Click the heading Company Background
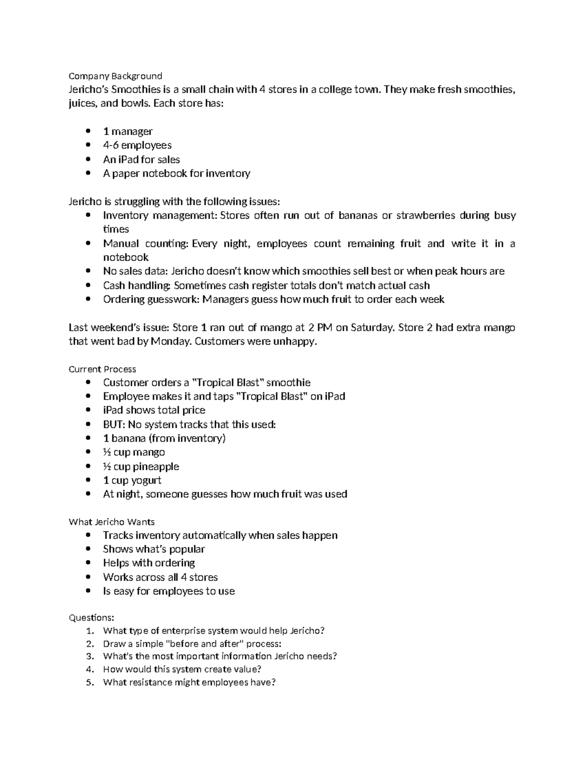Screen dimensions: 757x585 [x=115, y=76]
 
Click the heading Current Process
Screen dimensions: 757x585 [x=102, y=369]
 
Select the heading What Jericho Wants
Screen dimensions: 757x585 [x=112, y=522]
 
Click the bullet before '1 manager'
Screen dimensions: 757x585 [x=88, y=131]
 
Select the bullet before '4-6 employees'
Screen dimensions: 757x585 [x=88, y=145]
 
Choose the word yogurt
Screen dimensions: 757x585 [x=146, y=480]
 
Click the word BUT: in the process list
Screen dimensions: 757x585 [x=114, y=425]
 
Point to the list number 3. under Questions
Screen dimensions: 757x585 [x=89, y=656]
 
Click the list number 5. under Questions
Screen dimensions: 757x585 [x=89, y=682]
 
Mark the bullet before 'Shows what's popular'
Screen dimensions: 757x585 [x=88, y=549]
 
